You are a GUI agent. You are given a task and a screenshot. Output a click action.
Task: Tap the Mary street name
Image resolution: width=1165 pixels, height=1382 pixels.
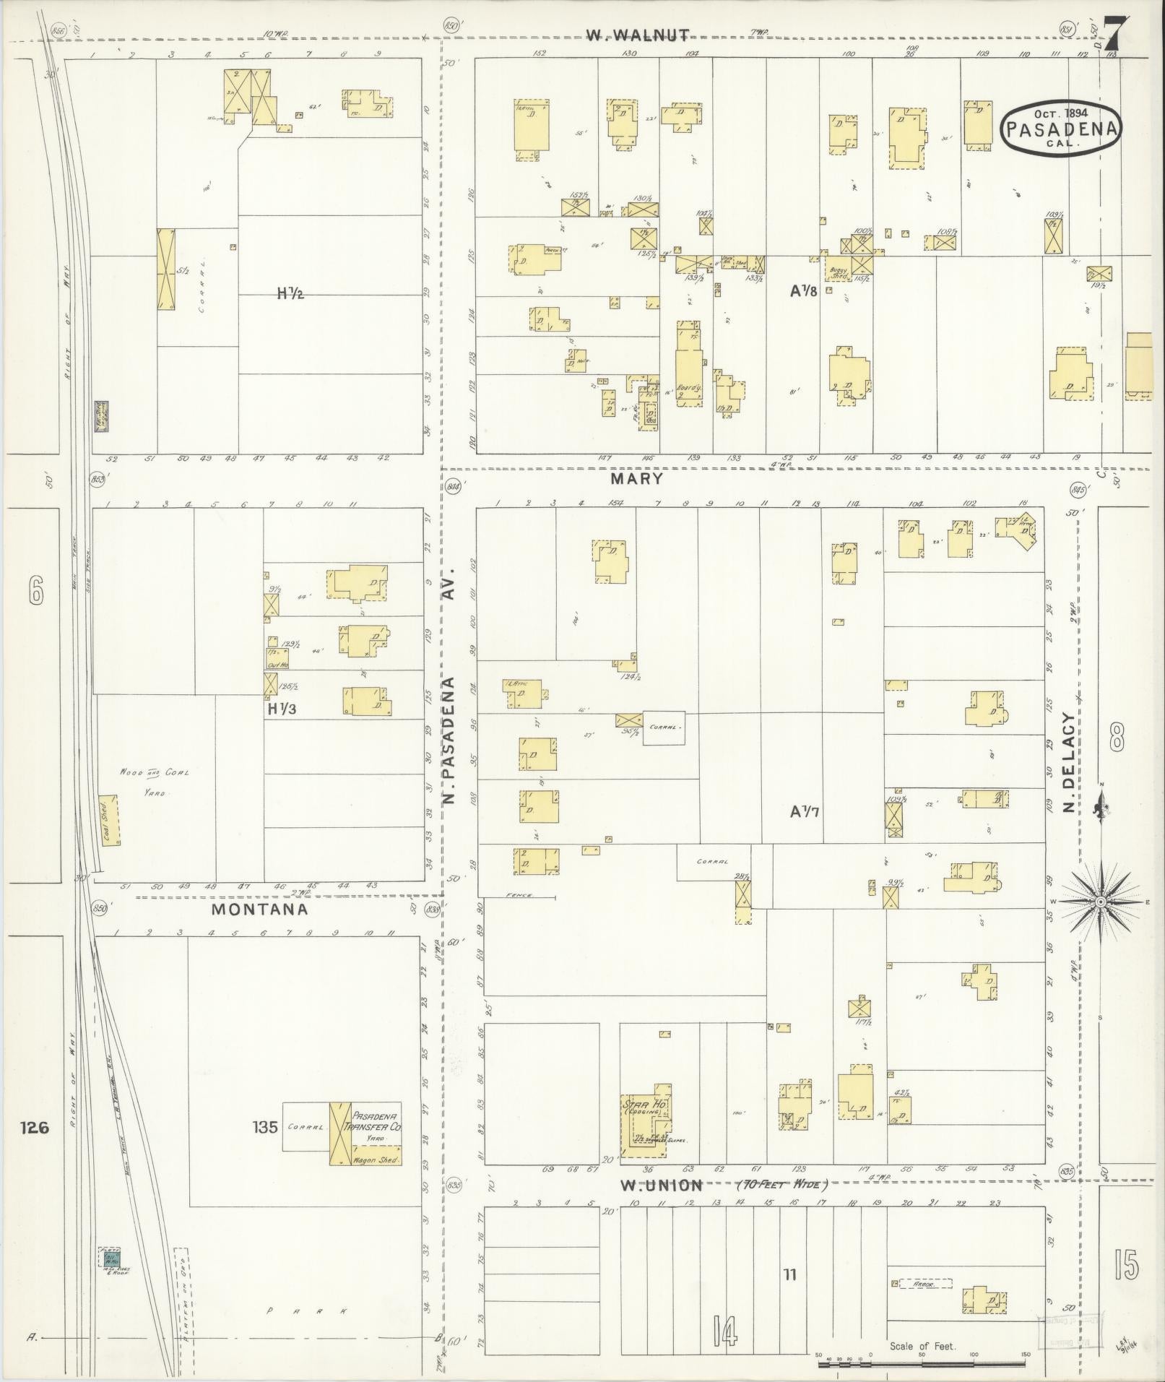636,478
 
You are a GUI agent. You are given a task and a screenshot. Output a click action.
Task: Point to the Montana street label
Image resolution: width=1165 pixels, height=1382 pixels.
259,910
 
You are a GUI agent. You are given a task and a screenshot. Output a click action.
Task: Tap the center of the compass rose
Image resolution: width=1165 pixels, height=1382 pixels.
1101,902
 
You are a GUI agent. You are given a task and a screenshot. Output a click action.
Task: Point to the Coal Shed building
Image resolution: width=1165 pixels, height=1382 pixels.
110,821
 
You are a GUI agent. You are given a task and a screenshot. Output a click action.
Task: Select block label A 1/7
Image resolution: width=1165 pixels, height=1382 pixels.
804,812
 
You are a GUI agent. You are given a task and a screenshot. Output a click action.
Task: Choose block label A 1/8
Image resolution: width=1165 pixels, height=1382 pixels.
803,292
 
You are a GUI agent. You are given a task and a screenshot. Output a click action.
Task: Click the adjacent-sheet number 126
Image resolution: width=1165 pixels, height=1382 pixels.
34,1127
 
